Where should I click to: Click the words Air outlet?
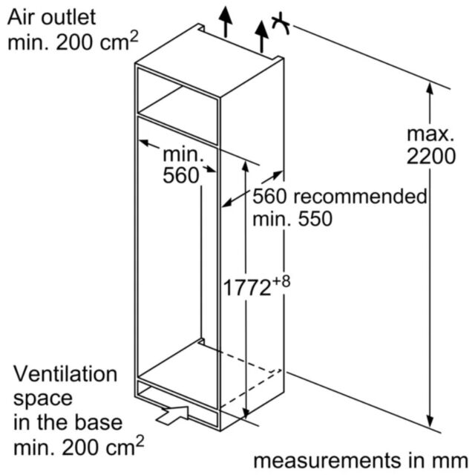point(51,17)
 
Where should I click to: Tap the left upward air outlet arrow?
point(226,22)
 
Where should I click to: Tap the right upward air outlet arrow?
point(262,36)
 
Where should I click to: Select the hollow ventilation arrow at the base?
point(173,415)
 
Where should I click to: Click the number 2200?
point(430,157)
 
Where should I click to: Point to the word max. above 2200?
point(430,134)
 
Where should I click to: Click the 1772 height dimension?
point(246,287)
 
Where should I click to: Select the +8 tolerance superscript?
point(281,281)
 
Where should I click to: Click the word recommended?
point(360,196)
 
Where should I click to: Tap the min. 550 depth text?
point(292,219)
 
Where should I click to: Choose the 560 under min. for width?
point(181,175)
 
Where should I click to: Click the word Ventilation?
point(65,374)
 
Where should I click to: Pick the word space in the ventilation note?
point(43,399)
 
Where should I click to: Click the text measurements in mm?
point(361,461)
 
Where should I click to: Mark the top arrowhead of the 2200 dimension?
point(430,88)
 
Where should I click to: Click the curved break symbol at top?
point(281,23)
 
